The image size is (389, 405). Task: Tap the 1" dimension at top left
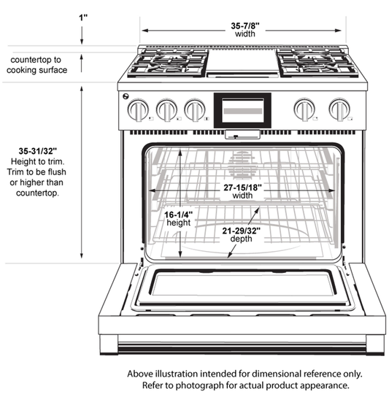coord(83,14)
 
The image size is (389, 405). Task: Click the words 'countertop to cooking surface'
coord(36,64)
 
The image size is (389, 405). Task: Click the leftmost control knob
coord(137,110)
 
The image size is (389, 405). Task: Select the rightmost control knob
coord(338,110)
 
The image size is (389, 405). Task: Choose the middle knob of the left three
coord(166,110)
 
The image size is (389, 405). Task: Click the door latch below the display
coord(242,134)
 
